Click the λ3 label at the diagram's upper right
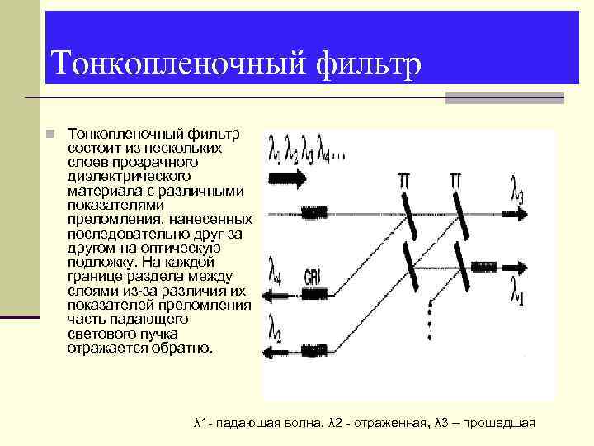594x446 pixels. [517, 195]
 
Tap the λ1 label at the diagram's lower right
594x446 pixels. [517, 290]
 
